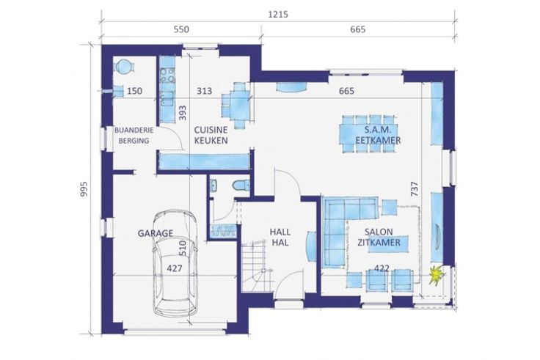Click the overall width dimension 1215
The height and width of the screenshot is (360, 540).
point(278,15)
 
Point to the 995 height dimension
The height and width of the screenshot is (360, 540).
point(84,189)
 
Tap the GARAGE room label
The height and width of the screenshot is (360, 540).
point(156,233)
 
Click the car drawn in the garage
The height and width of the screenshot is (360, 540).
point(175,264)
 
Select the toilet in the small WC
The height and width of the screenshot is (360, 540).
point(241,185)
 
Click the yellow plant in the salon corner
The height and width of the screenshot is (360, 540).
point(437,274)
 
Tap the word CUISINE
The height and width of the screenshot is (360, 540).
point(211,130)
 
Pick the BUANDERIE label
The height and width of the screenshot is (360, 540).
point(134,131)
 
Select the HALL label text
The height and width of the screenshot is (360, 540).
point(280,232)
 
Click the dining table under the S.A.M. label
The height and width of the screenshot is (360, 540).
point(368,134)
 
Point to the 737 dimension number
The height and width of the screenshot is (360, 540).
point(415,189)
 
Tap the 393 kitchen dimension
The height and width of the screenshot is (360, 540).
point(183,113)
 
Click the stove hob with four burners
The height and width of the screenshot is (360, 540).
point(168,76)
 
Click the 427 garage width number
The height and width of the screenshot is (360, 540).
point(175,268)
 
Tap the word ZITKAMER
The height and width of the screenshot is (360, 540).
point(379,243)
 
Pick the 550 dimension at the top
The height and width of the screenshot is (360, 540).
point(181,29)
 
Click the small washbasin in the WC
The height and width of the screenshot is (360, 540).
point(214,185)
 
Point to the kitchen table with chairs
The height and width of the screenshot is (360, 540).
point(236,105)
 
